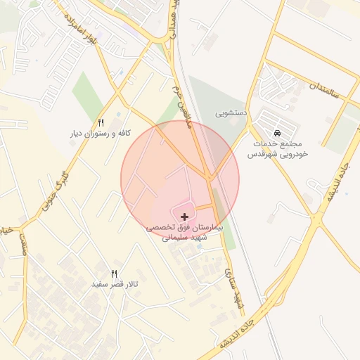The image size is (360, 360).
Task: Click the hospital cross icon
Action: click(185, 217)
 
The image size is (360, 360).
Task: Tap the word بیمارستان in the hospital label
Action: click(206, 229)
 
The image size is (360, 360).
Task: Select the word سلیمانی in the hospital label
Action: click(176, 238)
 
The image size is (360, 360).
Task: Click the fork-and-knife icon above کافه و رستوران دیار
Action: click(101, 122)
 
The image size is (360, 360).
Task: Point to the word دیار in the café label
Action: click(75, 134)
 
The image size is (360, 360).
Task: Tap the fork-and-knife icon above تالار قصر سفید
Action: click(115, 274)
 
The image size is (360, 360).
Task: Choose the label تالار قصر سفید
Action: click(115, 285)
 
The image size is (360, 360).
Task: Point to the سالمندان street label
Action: click(324, 90)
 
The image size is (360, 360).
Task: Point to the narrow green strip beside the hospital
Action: click(221, 211)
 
